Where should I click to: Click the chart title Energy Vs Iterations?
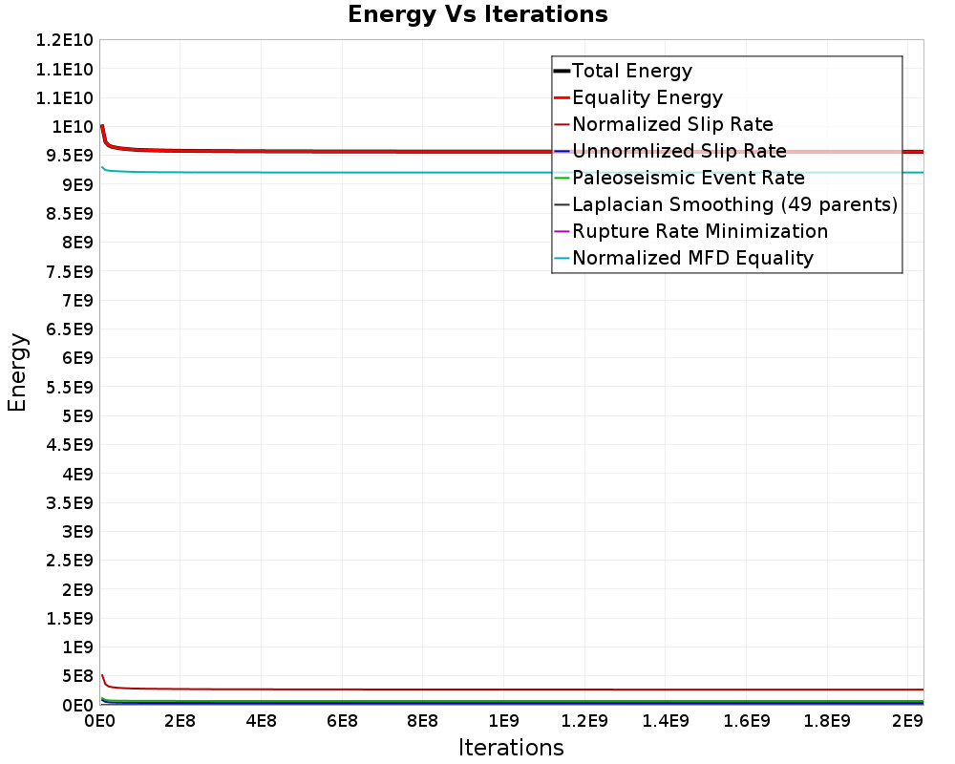coord(477,14)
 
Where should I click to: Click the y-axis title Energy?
coord(17,371)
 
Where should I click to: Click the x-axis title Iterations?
coord(511,747)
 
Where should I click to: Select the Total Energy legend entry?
coord(631,71)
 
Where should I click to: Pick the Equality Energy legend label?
coord(647,97)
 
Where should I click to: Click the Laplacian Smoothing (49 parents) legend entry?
coord(734,204)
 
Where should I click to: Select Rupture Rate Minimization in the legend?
coord(699,231)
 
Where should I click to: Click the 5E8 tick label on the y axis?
coord(73,676)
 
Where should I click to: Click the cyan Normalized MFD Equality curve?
coord(382,172)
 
